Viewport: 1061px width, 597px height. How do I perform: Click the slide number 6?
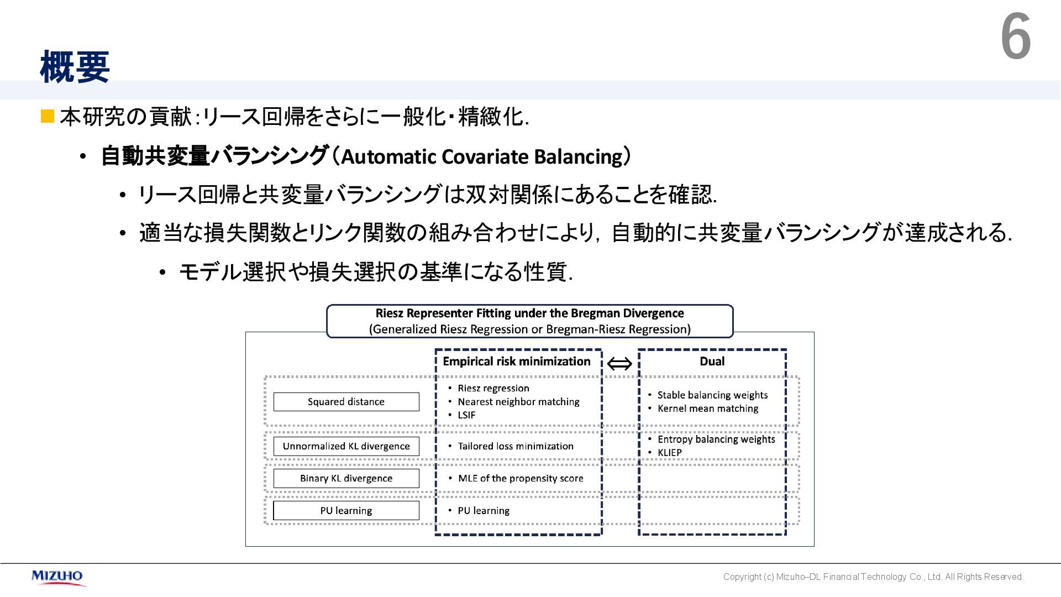[x=1016, y=38]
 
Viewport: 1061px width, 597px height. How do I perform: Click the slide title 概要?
[x=75, y=67]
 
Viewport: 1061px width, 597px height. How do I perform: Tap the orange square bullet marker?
[x=48, y=116]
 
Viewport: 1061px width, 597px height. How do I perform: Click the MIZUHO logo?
[x=57, y=577]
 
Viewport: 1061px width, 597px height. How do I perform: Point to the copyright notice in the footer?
[x=873, y=577]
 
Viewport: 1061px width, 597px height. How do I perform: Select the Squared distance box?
[x=346, y=402]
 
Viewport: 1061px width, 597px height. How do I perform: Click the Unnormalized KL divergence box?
[x=346, y=446]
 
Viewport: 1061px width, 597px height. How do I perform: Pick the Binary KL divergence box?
[x=346, y=478]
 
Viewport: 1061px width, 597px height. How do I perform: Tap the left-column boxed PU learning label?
[x=346, y=511]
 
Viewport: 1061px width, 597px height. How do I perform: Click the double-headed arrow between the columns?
[x=619, y=363]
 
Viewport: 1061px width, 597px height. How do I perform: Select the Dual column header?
[x=712, y=362]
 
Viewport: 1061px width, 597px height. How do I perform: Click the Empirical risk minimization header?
[x=517, y=362]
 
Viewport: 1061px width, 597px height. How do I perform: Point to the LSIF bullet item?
[x=466, y=415]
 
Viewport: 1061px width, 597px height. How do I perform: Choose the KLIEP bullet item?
[x=669, y=453]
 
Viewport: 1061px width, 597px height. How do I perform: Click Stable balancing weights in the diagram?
[x=712, y=395]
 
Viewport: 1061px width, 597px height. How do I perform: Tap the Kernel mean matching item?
[x=708, y=409]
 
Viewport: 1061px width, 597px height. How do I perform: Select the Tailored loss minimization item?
[x=516, y=446]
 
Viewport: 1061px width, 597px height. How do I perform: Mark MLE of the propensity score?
[x=521, y=478]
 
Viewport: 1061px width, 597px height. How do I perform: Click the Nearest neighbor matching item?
[x=518, y=402]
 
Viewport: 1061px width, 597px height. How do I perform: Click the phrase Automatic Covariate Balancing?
[x=482, y=157]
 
